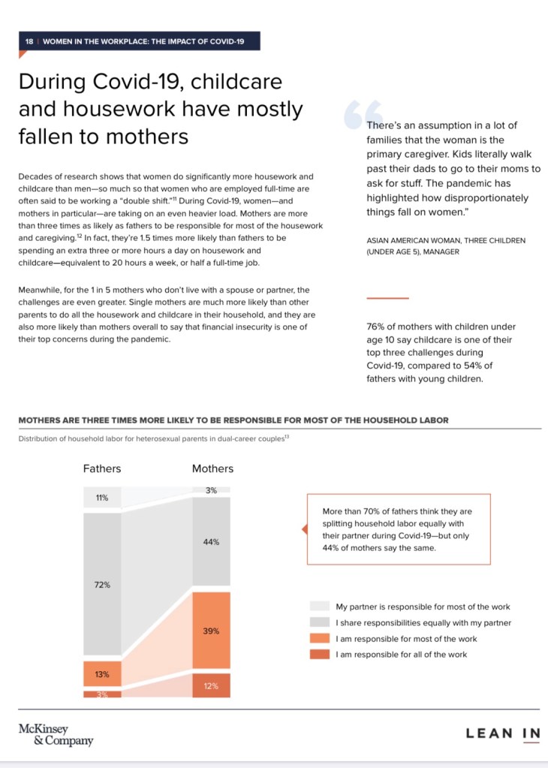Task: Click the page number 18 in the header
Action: point(29,41)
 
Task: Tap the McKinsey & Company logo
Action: point(56,734)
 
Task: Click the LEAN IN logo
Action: point(502,733)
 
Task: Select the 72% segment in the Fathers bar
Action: point(102,585)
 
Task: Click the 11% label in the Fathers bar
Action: point(102,498)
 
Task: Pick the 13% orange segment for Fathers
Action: point(102,674)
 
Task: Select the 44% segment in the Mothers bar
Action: point(211,541)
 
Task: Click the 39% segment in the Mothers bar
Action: point(211,631)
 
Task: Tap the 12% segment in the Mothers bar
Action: point(211,685)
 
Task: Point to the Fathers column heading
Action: point(102,468)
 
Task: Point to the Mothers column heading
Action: point(212,468)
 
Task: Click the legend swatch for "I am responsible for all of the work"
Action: point(319,655)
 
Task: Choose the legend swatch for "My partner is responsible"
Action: point(319,607)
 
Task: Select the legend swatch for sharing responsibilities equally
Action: point(319,623)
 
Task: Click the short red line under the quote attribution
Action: point(387,298)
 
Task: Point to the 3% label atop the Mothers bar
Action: point(211,490)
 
